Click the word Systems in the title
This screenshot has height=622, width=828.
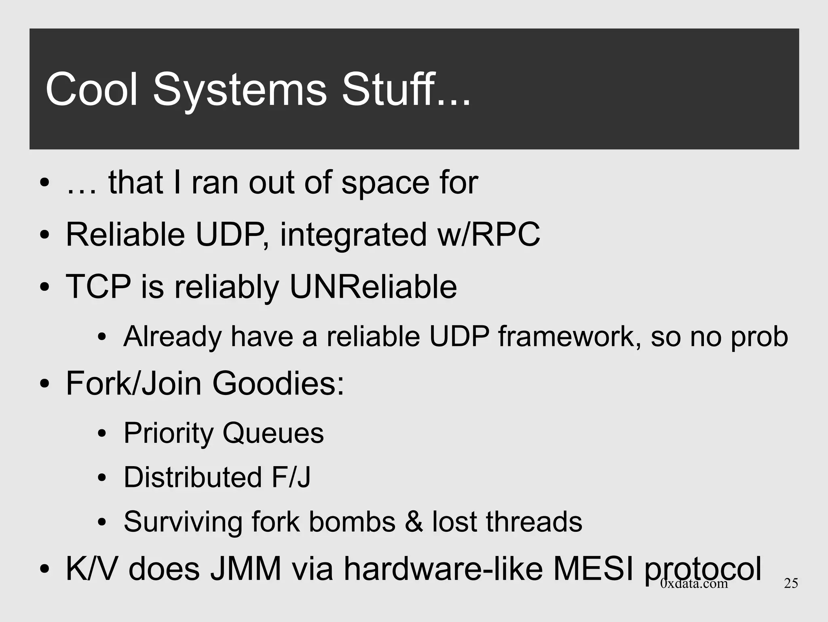[x=239, y=90]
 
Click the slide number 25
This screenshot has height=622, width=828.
[x=791, y=583]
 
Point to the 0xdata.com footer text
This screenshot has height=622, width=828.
[x=694, y=583]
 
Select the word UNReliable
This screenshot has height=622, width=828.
[x=373, y=287]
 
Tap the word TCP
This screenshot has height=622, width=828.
[x=98, y=287]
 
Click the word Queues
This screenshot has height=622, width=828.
[x=273, y=433]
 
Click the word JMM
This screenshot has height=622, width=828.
[x=246, y=569]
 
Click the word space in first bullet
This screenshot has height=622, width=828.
[x=384, y=183]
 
